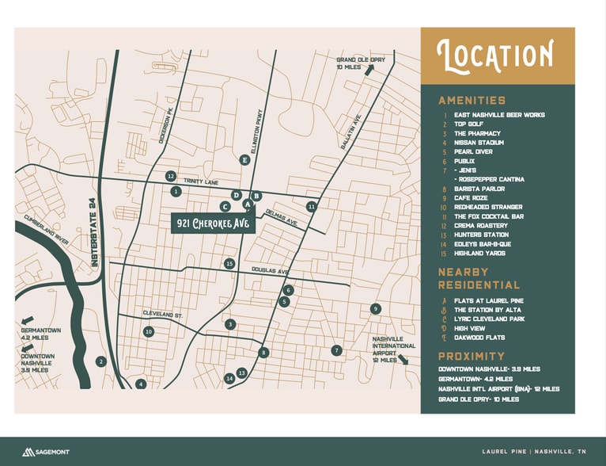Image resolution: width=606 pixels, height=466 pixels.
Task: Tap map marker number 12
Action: coord(170,176)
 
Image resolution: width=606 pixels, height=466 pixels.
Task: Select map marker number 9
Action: coord(376,308)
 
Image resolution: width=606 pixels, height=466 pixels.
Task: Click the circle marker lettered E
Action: coord(244,160)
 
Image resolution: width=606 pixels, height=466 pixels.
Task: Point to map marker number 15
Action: coord(229,263)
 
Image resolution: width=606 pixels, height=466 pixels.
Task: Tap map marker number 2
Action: coord(100,361)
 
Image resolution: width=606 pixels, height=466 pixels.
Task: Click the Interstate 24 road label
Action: coord(93,234)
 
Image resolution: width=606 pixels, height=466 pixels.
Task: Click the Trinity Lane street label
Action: coord(200,181)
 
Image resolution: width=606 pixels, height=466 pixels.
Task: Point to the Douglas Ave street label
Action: coord(271,270)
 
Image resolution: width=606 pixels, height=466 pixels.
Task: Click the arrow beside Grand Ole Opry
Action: coord(369,69)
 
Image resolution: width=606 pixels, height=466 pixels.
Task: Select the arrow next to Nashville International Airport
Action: coord(403,359)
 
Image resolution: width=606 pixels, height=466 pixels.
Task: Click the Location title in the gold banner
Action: coord(496,55)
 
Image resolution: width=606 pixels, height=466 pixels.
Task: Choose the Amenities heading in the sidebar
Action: coord(472,101)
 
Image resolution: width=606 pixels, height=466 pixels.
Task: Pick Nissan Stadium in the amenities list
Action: coord(478,143)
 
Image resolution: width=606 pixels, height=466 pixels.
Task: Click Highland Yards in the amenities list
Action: coord(479,253)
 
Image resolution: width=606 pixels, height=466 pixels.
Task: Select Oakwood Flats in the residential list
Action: coord(479,338)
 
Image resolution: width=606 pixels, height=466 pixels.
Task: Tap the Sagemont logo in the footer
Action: coord(45,452)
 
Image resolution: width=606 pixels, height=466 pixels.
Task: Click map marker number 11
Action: coord(312,206)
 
